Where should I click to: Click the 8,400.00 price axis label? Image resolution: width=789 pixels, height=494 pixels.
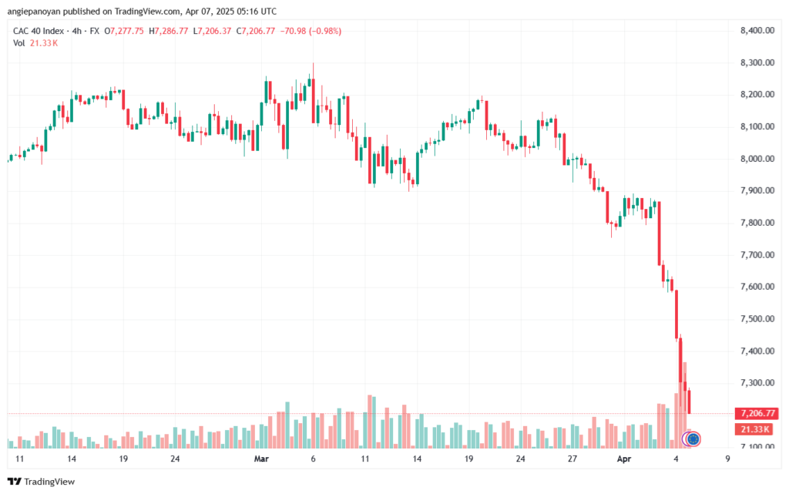(x=757, y=31)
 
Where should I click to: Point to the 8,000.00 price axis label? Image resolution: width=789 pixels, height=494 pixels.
(x=757, y=159)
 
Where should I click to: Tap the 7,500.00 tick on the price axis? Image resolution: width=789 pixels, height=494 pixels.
(x=757, y=319)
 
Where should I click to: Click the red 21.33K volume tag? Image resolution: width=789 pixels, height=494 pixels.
(x=755, y=429)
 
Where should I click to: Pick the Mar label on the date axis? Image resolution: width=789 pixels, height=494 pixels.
(x=261, y=459)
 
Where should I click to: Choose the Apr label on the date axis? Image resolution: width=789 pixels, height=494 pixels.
(x=624, y=459)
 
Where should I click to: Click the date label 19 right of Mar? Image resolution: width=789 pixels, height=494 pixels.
(x=468, y=459)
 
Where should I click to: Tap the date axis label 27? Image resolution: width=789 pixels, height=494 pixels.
(x=572, y=459)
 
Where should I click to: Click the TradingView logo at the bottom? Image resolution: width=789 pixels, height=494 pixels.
(x=42, y=482)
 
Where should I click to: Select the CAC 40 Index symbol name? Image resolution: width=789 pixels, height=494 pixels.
(x=39, y=31)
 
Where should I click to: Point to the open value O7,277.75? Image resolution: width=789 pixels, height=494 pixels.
(x=124, y=31)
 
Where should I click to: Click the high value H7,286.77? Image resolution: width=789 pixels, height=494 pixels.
(x=169, y=31)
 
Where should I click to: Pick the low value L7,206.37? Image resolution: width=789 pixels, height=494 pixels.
(x=213, y=31)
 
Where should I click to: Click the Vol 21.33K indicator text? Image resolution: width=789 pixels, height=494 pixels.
(x=35, y=43)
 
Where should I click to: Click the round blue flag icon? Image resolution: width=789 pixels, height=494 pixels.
(x=693, y=439)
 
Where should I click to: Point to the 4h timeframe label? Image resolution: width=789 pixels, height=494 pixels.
(x=76, y=31)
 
